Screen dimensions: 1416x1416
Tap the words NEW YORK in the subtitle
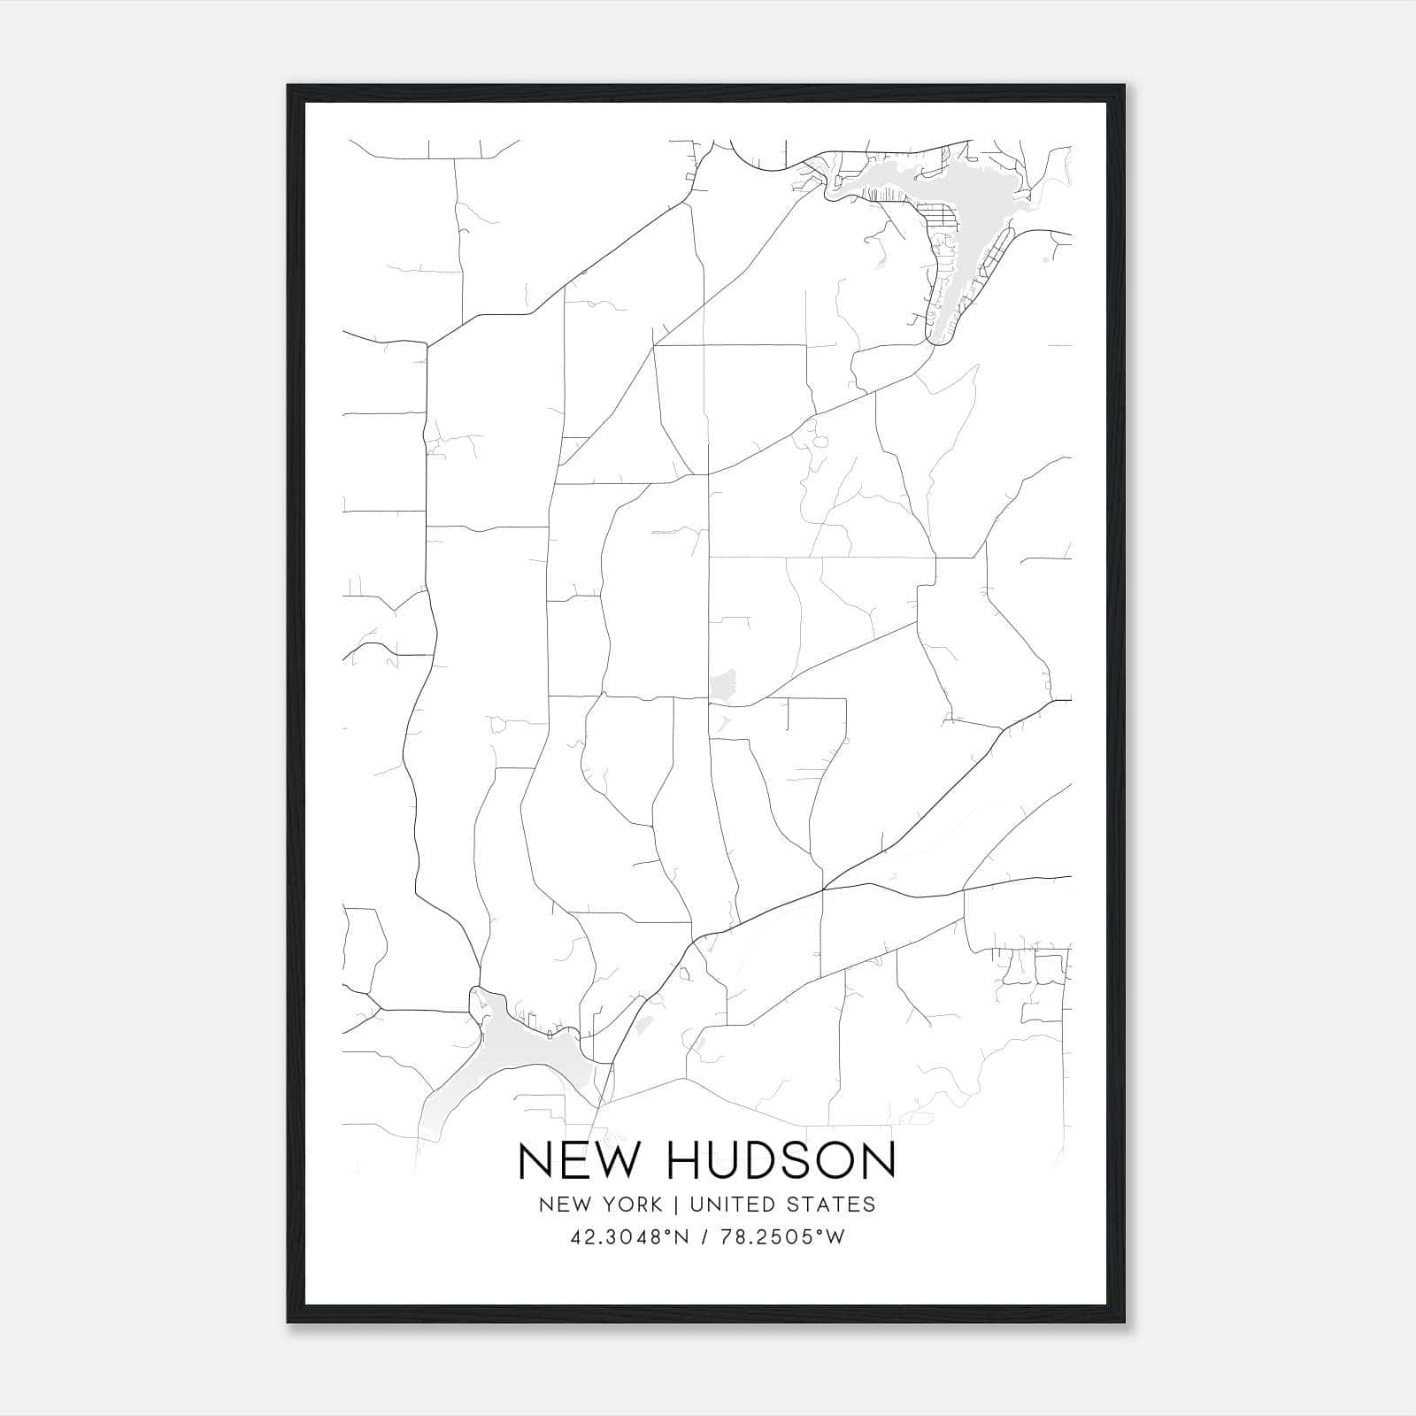point(599,1204)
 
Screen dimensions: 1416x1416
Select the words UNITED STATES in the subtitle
point(782,1204)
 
